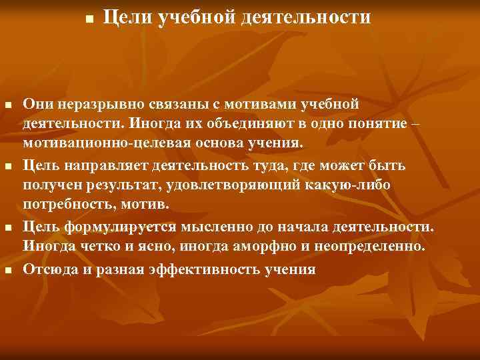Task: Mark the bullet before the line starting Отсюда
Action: tap(7, 271)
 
